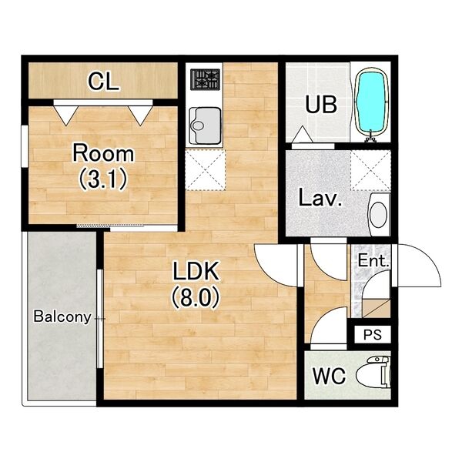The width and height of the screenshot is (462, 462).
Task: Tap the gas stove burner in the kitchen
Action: (205, 79)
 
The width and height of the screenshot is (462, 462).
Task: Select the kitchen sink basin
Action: (205, 126)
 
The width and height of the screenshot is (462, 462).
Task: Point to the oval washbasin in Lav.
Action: (379, 214)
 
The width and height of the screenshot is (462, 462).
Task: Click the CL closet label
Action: (103, 82)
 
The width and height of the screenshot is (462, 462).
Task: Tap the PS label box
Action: (373, 334)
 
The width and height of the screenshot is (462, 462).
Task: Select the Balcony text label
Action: (62, 316)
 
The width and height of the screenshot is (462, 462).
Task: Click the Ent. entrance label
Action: (373, 261)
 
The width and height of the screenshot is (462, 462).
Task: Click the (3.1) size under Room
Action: (103, 179)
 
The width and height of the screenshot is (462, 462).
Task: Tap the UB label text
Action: (321, 104)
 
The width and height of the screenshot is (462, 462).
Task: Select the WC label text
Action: (329, 376)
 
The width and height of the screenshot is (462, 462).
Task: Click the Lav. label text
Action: (320, 197)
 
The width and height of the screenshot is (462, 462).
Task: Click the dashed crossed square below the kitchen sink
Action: (205, 169)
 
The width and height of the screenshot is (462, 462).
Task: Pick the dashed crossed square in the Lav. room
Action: (370, 170)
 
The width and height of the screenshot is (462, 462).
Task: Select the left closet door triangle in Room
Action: (66, 115)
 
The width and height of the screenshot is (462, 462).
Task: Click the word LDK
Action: (196, 270)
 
